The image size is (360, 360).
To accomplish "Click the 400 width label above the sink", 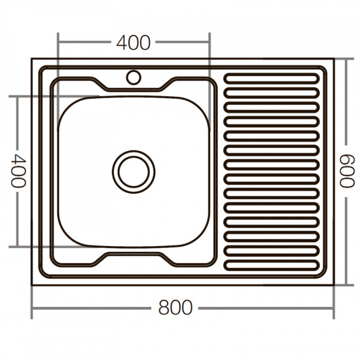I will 134,43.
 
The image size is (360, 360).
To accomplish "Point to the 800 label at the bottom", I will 175,307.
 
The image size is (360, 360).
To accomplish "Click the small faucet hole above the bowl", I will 134,77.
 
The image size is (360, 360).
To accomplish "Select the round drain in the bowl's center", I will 134,171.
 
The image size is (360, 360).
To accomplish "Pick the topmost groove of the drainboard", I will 272,80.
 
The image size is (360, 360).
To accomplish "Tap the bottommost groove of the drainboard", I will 272,265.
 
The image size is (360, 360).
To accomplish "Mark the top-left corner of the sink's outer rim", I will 33,60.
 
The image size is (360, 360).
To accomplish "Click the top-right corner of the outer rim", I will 334,60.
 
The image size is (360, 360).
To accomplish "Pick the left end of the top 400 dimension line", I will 59,43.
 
